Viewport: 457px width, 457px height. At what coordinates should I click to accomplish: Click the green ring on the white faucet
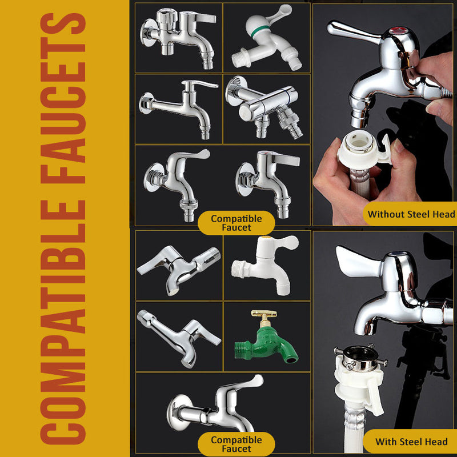pyautogui.click(x=260, y=30)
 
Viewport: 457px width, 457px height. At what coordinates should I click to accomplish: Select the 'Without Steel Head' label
pyautogui.click(x=411, y=214)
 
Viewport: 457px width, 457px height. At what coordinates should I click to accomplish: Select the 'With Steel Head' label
pyautogui.click(x=411, y=442)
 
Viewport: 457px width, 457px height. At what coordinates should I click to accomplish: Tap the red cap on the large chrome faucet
pyautogui.click(x=398, y=30)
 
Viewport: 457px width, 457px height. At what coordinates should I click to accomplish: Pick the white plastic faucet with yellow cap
pyautogui.click(x=265, y=265)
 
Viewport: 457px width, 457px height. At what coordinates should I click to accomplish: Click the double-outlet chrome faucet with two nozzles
pyautogui.click(x=264, y=107)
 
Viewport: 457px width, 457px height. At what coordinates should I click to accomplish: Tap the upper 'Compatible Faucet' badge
pyautogui.click(x=236, y=223)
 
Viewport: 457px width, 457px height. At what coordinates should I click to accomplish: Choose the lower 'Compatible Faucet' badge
pyautogui.click(x=236, y=444)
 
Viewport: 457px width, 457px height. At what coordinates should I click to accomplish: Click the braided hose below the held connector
pyautogui.click(x=360, y=183)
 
